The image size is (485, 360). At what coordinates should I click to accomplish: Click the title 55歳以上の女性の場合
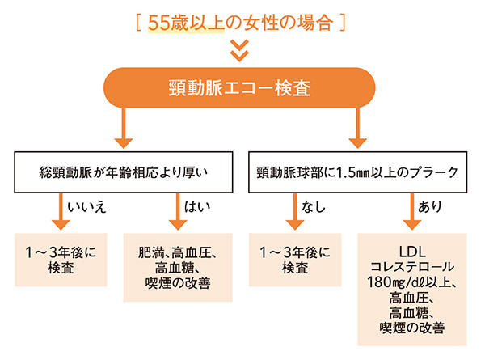(242, 22)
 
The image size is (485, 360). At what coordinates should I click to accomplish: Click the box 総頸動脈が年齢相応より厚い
(122, 172)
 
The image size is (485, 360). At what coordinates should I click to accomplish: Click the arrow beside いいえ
(61, 212)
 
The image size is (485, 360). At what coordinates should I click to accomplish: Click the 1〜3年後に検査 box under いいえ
(61, 260)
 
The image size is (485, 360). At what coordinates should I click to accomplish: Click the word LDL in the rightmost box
(412, 252)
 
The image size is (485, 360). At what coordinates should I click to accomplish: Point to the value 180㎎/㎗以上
(412, 283)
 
